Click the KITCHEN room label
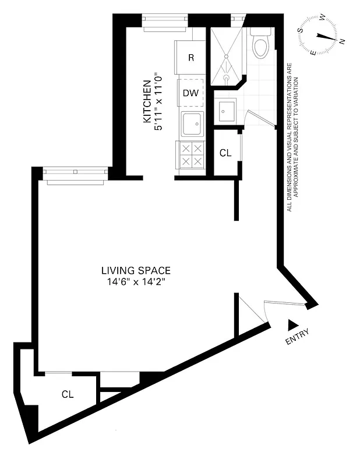coord(147,101)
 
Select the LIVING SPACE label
coord(136,270)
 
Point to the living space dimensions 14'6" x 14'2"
coord(136,282)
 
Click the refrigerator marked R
coord(191,57)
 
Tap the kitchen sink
coord(192,124)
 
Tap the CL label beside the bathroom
coord(225,153)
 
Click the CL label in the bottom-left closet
coord(68,394)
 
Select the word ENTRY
coord(297,337)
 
